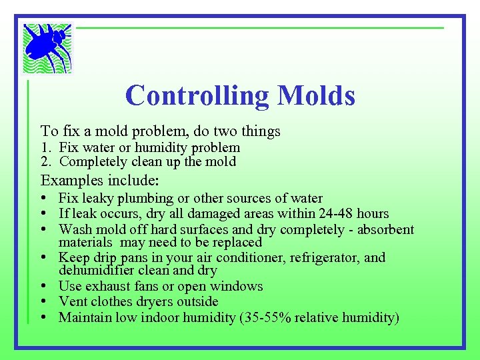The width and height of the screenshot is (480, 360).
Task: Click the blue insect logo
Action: click(x=47, y=47)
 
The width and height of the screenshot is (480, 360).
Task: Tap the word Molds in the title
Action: click(x=317, y=95)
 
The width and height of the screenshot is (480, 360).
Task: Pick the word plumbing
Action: click(x=153, y=199)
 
